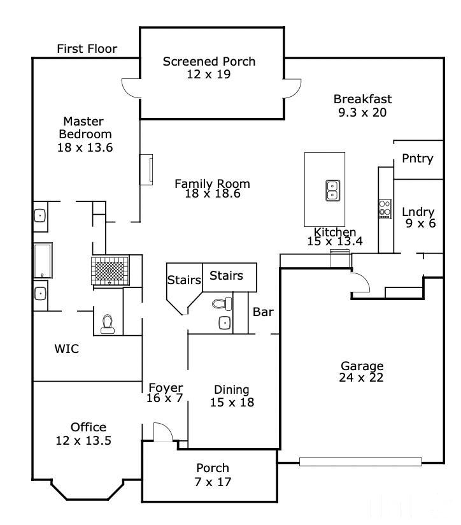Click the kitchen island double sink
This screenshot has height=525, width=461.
pos(333,190)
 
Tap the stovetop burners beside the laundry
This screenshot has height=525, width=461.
pos(385,209)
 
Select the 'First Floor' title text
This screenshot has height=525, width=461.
pos(87,49)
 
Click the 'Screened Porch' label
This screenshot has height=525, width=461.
pos(209,62)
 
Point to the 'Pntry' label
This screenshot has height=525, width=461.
pos(418,159)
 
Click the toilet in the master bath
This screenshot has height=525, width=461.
pos(108,324)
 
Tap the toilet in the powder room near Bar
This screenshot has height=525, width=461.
pos(222,304)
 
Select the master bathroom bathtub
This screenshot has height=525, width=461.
pos(43,261)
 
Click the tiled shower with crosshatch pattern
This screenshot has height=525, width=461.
pos(110,271)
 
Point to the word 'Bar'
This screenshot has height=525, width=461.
pos(263,312)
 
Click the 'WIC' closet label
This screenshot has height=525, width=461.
pos(67,349)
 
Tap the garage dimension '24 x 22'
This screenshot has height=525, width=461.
pos(361,378)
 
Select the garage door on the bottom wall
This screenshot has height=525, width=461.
pos(360,462)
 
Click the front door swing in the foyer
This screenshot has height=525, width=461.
pos(163,432)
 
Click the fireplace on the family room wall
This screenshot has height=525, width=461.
pos(146,169)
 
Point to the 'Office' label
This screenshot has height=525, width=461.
pos(89,428)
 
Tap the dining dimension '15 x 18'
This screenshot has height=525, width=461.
pos(232,403)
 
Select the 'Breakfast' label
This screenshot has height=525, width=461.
pos(363,99)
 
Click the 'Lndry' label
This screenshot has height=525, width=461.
pos(418,212)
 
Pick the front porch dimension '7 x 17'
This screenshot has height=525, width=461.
pos(213,482)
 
